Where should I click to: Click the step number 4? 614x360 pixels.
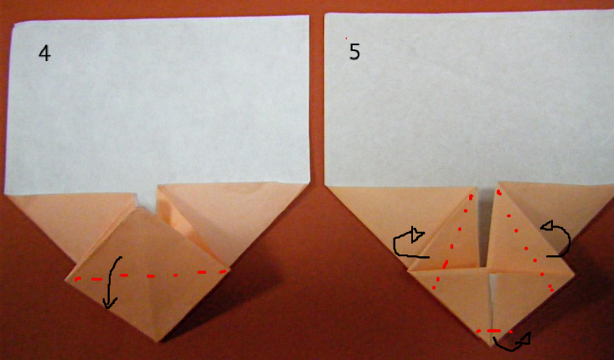point(44,54)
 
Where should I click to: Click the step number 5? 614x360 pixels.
point(354,52)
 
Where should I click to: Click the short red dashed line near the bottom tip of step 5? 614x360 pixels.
point(494,331)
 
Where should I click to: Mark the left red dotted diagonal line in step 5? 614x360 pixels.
point(452,240)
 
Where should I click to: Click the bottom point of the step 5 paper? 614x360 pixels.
point(491,346)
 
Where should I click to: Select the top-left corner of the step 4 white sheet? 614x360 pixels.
point(14,24)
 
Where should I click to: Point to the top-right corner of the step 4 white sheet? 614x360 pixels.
point(308,16)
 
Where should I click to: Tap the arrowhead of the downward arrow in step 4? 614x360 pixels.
point(108,303)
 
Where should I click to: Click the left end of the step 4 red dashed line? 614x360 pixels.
point(75,280)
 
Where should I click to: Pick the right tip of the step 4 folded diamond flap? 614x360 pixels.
point(230,269)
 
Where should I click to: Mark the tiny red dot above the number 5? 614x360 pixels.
point(346,39)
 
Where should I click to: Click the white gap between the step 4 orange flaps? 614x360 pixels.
point(147,198)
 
